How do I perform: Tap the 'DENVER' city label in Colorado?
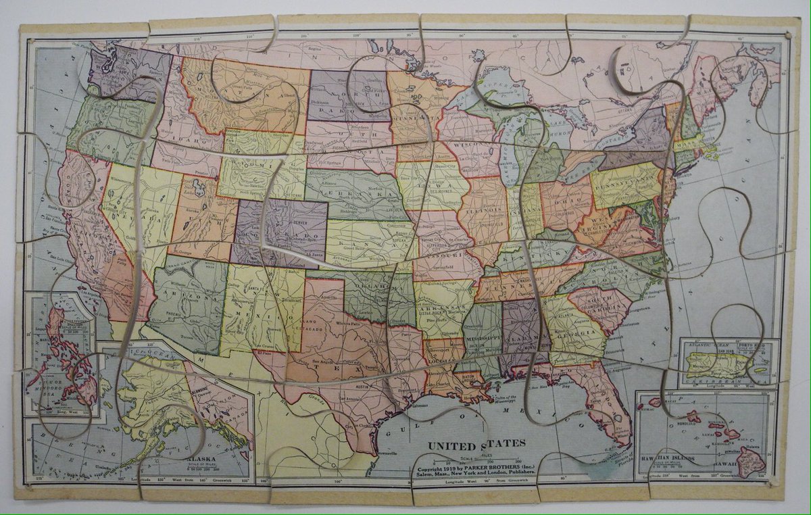tap(295, 221)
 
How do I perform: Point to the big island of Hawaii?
tap(750, 461)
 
